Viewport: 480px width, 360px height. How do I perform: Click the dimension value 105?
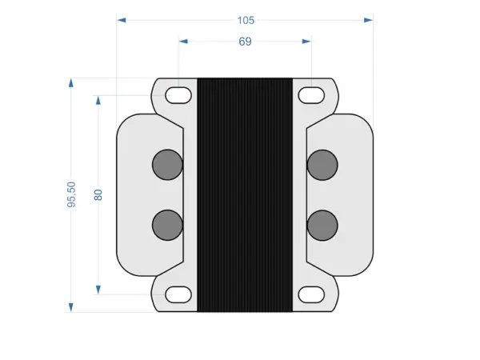[x=246, y=19]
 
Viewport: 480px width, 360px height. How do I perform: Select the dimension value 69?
[x=246, y=42]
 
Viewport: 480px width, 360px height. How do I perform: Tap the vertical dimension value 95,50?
[x=71, y=194]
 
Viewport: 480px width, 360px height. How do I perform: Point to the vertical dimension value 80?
[x=98, y=194]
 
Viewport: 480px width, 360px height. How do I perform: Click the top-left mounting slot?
[x=178, y=95]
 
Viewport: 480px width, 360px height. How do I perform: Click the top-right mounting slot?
[x=311, y=95]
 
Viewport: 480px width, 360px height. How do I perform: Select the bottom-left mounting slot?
[x=178, y=295]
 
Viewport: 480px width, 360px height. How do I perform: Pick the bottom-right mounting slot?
[x=311, y=295]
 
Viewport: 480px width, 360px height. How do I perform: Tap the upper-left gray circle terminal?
[x=167, y=164]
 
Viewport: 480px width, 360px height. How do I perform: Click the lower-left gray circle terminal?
[x=167, y=225]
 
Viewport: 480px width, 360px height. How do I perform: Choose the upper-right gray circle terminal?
[x=322, y=164]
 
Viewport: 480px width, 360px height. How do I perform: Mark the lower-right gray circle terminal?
[x=322, y=225]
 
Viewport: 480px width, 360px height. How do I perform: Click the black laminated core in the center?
[x=245, y=194]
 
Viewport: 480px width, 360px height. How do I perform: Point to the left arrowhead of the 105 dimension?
[x=122, y=19]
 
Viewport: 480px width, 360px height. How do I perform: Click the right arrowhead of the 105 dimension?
[x=368, y=19]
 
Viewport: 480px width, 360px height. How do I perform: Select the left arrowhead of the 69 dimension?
[x=183, y=42]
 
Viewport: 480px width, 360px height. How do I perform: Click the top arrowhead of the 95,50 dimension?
[x=71, y=82]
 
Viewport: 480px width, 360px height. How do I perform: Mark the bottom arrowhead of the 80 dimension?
[x=98, y=290]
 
